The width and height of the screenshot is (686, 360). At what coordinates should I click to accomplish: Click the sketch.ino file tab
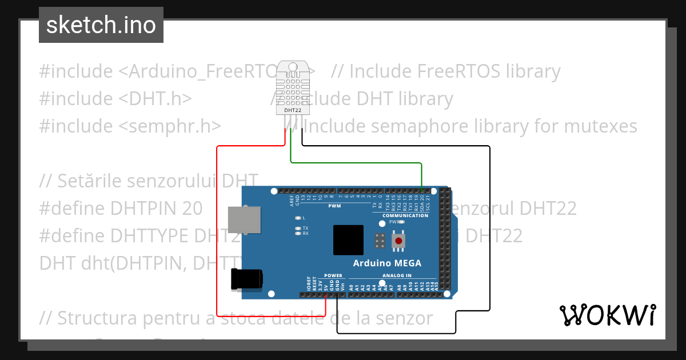pos(101,25)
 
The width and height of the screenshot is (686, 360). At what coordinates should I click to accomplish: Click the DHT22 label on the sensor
pos(293,110)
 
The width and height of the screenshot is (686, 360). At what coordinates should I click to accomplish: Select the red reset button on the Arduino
pos(398,241)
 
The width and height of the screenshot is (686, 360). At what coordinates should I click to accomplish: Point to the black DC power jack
pos(246,279)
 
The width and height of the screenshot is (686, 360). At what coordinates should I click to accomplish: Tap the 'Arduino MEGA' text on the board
pos(387,263)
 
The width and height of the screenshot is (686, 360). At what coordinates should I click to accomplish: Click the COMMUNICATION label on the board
pos(405,215)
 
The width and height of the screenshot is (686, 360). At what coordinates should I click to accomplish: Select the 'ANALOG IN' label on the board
pos(397,275)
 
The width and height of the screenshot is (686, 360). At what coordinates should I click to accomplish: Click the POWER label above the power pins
pos(333,275)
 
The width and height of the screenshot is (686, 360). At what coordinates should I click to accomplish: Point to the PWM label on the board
pos(334,206)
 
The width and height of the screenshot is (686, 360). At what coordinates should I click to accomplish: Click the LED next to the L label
pos(297,218)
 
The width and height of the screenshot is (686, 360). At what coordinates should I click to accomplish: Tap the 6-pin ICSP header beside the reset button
pos(379,241)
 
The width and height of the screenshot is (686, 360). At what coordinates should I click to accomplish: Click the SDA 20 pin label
pos(422,202)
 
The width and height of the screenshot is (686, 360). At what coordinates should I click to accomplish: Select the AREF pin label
pos(292,200)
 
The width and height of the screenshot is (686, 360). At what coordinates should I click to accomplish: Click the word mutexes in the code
pos(600,126)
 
